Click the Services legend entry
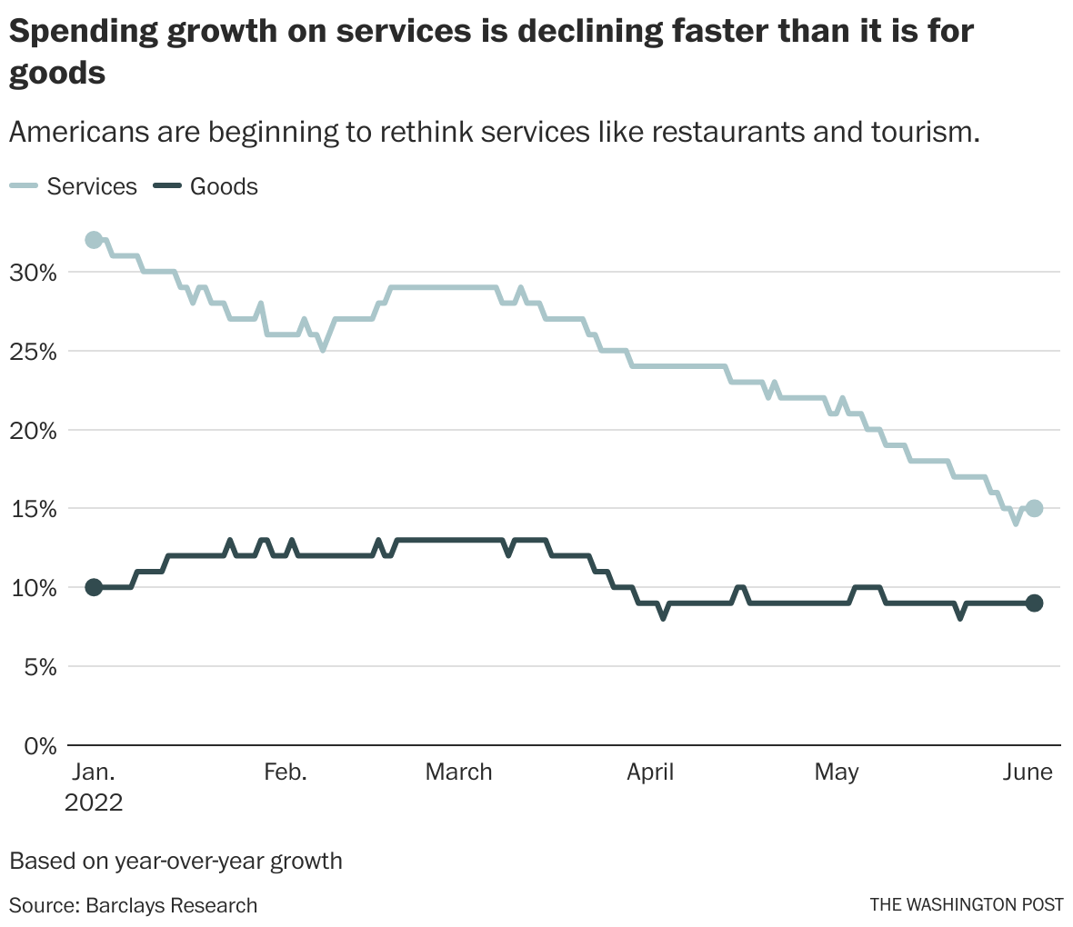pos(91,186)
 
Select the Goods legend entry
pos(223,186)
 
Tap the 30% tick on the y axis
pos(34,272)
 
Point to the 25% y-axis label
pos(34,351)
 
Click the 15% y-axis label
pos(34,509)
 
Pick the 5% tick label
pos(39,667)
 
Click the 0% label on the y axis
pos(39,746)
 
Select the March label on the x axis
pos(458,772)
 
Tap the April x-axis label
pos(650,772)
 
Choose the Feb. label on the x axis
pos(286,772)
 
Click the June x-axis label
pos(1028,772)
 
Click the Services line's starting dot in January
pos(94,240)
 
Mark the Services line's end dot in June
pos(1034,508)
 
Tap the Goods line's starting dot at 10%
pos(94,587)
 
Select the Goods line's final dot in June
pos(1034,603)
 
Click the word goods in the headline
pos(57,73)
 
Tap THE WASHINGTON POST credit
pos(966,905)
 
